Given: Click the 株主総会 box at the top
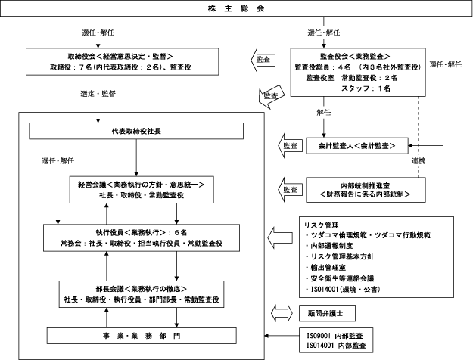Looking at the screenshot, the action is pyautogui.click(x=236, y=8).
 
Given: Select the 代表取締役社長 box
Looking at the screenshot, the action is pyautogui.click(x=136, y=131).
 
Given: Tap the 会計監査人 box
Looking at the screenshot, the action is pyautogui.click(x=357, y=146).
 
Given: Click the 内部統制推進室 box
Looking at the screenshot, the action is pyautogui.click(x=366, y=190).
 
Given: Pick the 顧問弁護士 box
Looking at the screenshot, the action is pyautogui.click(x=327, y=313).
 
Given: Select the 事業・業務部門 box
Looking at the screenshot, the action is pyautogui.click(x=142, y=336).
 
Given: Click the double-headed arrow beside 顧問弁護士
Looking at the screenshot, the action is pyautogui.click(x=282, y=313).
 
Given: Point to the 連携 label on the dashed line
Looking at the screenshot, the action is pyautogui.click(x=419, y=161).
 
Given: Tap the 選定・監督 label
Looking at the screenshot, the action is pyautogui.click(x=98, y=94).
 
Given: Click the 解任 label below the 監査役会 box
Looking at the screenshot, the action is pyautogui.click(x=324, y=113).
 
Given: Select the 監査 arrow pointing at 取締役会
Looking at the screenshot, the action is pyautogui.click(x=263, y=60).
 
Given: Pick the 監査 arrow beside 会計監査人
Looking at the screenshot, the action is pyautogui.click(x=290, y=146).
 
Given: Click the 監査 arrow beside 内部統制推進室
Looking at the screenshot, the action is pyautogui.click(x=290, y=190).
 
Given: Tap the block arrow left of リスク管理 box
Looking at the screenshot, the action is pyautogui.click(x=280, y=237).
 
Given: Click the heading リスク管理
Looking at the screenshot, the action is pyautogui.click(x=322, y=225).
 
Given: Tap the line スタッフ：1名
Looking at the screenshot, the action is pyautogui.click(x=366, y=88).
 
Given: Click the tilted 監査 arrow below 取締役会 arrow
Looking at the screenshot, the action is pyautogui.click(x=272, y=97).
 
